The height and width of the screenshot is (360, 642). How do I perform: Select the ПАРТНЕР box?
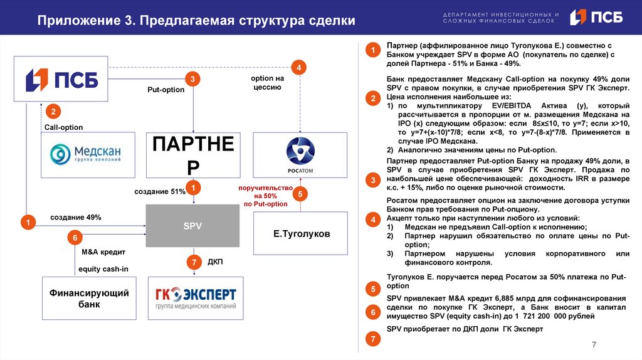tap(193, 155)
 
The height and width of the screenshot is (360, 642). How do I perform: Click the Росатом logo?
tap(300, 155)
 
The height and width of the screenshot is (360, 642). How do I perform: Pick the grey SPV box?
tap(192, 226)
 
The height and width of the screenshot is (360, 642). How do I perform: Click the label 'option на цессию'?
tap(266, 83)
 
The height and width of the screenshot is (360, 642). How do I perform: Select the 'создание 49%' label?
tap(76, 217)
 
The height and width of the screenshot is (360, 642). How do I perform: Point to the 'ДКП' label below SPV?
tap(215, 261)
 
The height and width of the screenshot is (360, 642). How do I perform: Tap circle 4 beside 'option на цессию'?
tap(299, 67)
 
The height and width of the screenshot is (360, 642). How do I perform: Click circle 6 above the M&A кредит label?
tap(75, 238)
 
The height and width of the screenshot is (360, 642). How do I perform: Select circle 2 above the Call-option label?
tap(54, 112)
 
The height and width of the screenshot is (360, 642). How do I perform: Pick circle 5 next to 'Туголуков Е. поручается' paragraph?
tap(373, 289)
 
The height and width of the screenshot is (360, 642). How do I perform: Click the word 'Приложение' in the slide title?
tap(73, 20)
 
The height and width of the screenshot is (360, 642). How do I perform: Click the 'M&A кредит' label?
tap(103, 252)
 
